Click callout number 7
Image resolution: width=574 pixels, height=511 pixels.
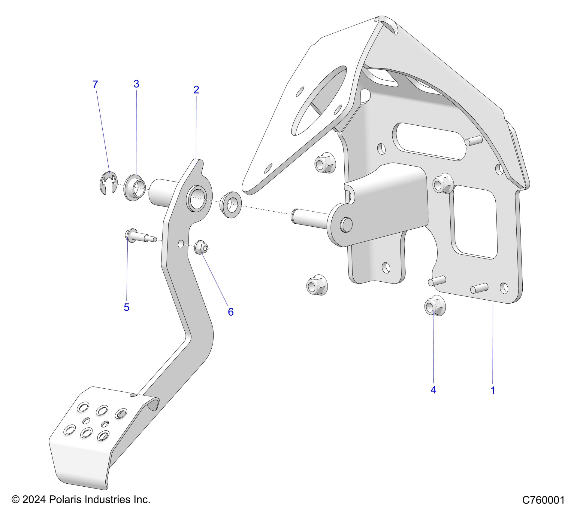click(95, 84)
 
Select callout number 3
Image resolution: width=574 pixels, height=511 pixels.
click(136, 84)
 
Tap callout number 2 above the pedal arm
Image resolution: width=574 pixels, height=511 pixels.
click(196, 90)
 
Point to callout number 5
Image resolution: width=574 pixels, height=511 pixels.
click(126, 307)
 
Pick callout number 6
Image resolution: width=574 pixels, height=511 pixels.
click(231, 312)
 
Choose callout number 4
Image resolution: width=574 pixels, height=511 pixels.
click(433, 390)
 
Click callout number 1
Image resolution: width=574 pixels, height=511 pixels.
click(493, 390)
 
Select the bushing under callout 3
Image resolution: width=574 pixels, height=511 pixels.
click(135, 188)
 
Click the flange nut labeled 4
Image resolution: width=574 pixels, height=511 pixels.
click(435, 305)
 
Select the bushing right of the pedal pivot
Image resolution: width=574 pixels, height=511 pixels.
click(231, 204)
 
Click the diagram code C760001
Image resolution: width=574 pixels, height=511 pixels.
click(543, 500)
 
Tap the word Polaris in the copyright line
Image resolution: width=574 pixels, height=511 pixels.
click(66, 500)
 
